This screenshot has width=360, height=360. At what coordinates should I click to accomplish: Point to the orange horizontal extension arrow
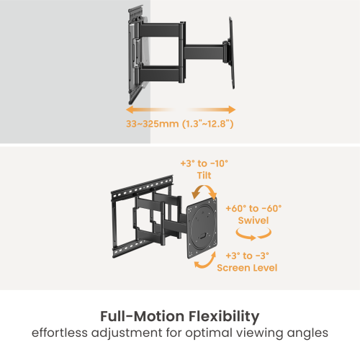[180, 109]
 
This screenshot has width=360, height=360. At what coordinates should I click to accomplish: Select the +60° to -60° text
[253, 208]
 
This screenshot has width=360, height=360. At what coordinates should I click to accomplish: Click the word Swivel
[253, 221]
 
